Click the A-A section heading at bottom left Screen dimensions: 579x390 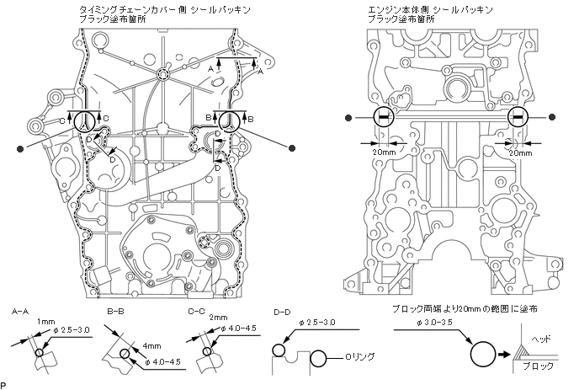pos(20,312)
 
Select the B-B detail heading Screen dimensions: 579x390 pos(115,312)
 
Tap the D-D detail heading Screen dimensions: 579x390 pos(282,313)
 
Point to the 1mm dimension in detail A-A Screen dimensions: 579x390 pos(45,322)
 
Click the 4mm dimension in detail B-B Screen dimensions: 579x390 pos(151,346)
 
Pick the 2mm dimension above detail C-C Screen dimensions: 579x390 pos(219,318)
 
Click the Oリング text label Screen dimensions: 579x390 pos(359,357)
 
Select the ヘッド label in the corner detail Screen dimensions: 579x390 pos(541,339)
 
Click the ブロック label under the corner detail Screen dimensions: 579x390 pos(538,366)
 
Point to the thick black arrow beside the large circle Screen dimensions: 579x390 pos(503,354)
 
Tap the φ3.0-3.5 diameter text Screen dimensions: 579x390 pos(434,323)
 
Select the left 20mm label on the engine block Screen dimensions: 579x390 pos(384,152)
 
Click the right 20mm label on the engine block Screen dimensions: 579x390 pos(521,153)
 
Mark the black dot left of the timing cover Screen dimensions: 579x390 pos(20,148)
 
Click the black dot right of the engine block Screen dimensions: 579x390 pos(552,117)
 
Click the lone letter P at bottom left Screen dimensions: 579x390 pos(3,386)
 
